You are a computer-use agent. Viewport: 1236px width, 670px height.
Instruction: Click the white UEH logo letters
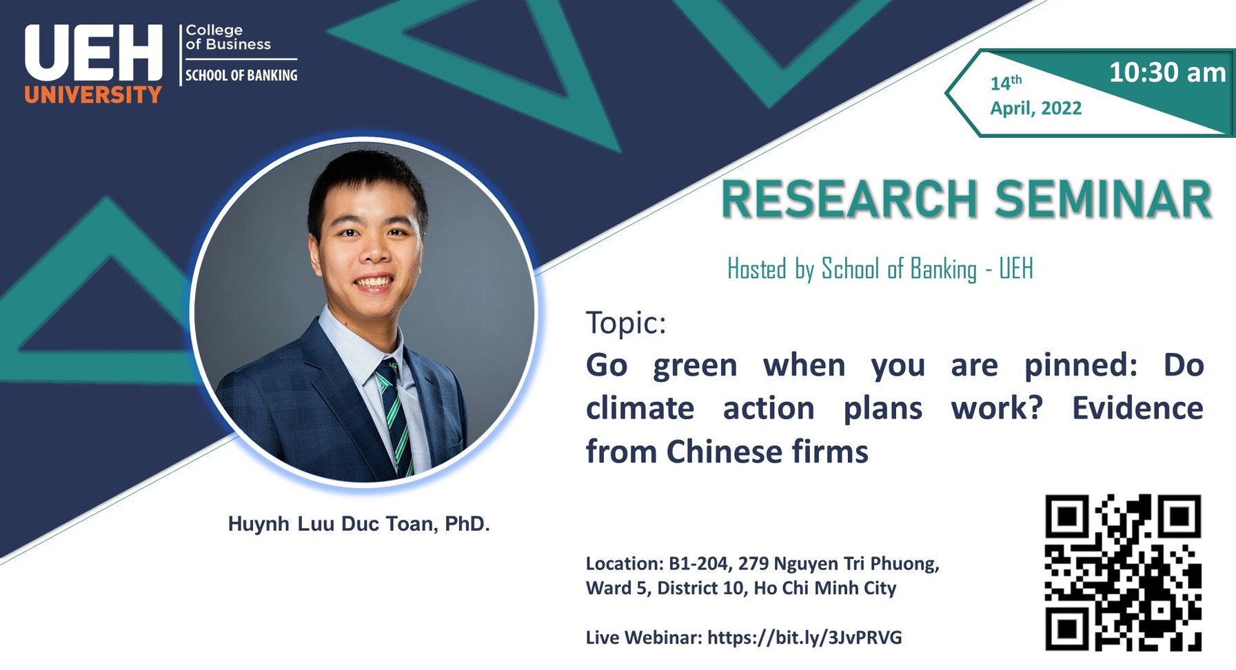pyautogui.click(x=93, y=54)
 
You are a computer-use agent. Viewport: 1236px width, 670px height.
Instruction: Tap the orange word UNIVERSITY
pyautogui.click(x=93, y=94)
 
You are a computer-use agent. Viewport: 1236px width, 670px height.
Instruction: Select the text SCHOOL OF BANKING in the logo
pyautogui.click(x=241, y=75)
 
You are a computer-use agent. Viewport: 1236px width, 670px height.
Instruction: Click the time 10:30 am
pyautogui.click(x=1167, y=72)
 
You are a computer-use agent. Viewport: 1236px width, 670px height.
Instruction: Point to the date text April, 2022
pyautogui.click(x=1036, y=108)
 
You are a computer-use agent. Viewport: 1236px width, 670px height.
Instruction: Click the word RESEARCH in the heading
pyautogui.click(x=849, y=200)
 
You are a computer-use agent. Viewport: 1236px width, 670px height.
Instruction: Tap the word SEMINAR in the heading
pyautogui.click(x=1103, y=200)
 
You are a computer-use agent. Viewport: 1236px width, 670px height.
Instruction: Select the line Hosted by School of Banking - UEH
pyautogui.click(x=880, y=269)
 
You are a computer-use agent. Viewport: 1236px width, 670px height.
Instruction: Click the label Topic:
pyautogui.click(x=626, y=323)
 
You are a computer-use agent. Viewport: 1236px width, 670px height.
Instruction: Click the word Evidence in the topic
pyautogui.click(x=1137, y=408)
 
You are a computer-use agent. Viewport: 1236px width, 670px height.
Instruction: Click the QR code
pyautogui.click(x=1123, y=572)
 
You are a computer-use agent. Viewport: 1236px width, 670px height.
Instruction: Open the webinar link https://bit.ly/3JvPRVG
pyautogui.click(x=804, y=638)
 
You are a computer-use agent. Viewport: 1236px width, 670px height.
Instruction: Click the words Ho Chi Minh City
pyautogui.click(x=824, y=588)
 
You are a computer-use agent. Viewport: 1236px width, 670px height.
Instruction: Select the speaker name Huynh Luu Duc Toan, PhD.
pyautogui.click(x=358, y=524)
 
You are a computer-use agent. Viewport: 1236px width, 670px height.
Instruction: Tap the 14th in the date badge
pyautogui.click(x=1006, y=82)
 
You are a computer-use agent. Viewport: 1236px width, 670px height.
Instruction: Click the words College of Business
pyautogui.click(x=227, y=37)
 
